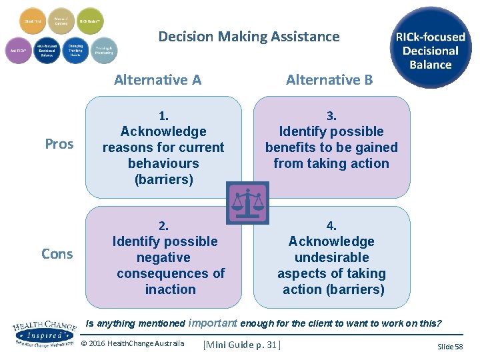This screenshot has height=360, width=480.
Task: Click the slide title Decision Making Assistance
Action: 249,37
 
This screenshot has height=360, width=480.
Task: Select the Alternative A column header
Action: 157,80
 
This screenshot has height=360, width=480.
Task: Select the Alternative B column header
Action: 329,80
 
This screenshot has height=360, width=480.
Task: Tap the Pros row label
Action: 59,144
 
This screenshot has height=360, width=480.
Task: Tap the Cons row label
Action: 57,254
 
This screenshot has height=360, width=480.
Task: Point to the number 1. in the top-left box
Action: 163,115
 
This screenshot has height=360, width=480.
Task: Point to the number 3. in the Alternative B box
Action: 331,115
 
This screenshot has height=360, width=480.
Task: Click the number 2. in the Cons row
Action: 164,225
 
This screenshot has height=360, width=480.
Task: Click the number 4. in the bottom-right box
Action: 331,225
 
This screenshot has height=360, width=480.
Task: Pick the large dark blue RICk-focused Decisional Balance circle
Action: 431,48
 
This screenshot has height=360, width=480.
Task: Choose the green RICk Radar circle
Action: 91,21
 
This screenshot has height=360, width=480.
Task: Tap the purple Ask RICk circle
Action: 18,50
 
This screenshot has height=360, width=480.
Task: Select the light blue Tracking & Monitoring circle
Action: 103,50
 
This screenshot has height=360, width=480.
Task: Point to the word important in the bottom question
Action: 213,323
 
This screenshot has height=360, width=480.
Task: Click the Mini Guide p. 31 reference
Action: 243,345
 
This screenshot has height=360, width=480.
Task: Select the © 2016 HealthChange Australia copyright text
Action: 132,344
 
